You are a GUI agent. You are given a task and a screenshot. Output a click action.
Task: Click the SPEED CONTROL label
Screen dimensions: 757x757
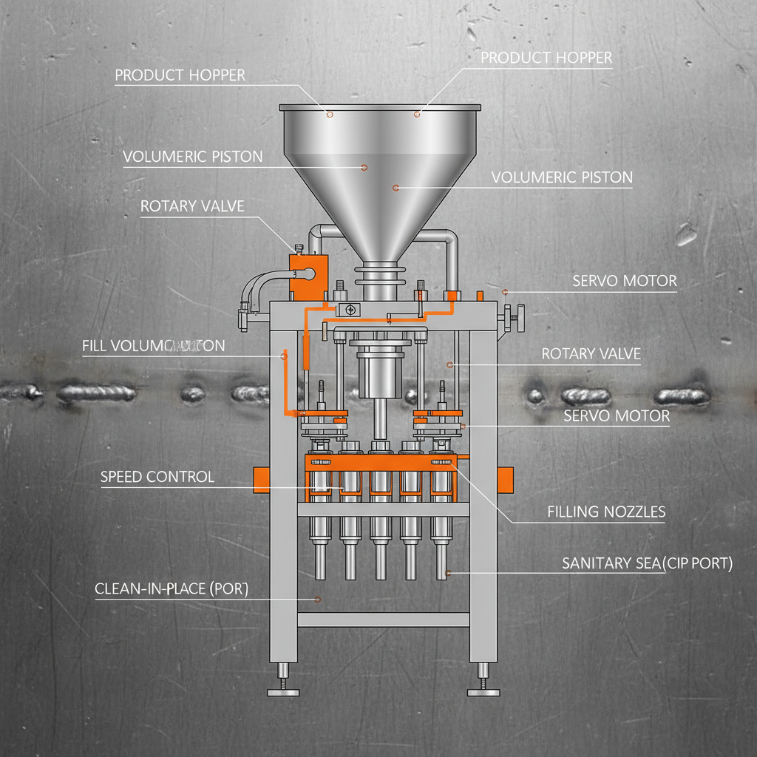157,477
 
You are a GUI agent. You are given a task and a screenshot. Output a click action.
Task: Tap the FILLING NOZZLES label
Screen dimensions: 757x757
606,511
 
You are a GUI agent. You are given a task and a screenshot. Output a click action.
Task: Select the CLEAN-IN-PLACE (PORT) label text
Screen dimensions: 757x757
172,589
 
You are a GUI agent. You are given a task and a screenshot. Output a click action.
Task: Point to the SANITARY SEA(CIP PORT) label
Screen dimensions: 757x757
647,563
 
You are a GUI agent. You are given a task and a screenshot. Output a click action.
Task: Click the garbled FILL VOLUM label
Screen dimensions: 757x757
154,345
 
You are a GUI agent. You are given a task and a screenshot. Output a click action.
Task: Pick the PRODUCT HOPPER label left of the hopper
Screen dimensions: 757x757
180,75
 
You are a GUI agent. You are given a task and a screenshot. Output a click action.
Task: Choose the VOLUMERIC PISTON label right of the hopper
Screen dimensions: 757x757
562,177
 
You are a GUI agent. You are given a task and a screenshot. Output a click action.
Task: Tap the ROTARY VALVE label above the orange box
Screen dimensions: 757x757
192,206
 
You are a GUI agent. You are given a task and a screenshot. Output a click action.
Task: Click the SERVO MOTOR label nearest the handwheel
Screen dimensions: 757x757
624,281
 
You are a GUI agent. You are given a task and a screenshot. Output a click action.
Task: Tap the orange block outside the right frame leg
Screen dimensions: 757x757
506,478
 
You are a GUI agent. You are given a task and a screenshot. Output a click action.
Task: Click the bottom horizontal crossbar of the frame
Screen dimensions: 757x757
383,619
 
